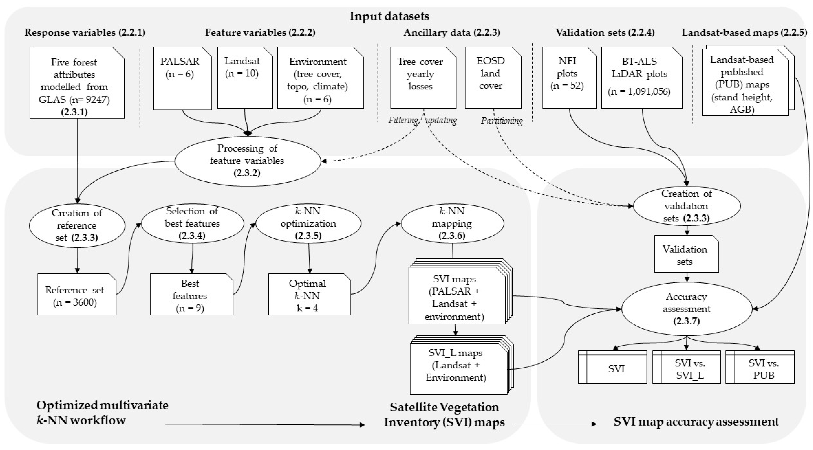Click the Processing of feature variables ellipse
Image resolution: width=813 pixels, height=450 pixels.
(x=247, y=161)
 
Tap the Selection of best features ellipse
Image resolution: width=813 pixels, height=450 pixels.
(x=192, y=223)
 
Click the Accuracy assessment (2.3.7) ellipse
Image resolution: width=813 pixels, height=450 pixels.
(x=687, y=309)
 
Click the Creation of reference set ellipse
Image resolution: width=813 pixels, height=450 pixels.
(x=77, y=225)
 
